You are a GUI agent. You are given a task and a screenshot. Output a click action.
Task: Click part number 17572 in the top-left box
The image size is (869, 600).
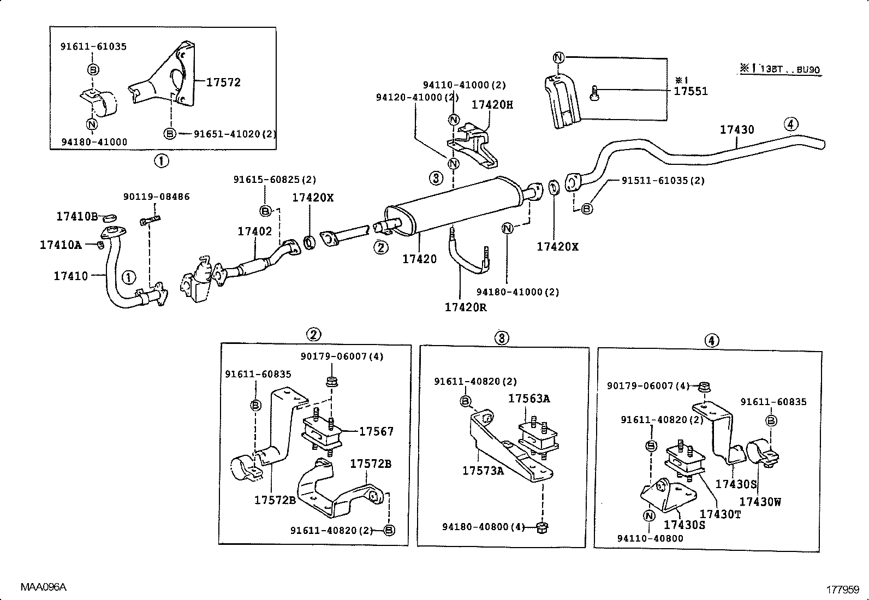tap(223, 82)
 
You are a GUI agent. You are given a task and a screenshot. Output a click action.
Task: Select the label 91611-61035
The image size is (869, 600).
tap(93, 47)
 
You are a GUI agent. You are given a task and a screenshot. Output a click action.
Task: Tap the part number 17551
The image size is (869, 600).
tap(691, 91)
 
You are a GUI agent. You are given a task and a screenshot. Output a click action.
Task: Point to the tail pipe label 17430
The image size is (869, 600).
tap(736, 130)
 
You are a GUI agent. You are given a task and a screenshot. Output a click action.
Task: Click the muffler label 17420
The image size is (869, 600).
tap(419, 259)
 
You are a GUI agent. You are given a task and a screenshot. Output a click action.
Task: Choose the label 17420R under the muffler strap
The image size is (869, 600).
tap(465, 307)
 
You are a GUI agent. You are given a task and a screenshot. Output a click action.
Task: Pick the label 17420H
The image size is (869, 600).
tap(492, 105)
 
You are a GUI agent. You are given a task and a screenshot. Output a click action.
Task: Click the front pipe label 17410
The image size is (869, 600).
tap(70, 276)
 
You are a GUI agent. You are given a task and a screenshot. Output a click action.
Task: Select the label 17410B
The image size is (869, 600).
tap(77, 217)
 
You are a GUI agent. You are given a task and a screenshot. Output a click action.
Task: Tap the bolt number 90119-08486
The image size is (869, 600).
tap(156, 197)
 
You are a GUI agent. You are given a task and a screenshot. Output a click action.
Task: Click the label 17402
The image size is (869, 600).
tap(254, 231)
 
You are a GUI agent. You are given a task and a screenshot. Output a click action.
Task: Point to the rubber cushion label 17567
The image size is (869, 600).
tap(376, 432)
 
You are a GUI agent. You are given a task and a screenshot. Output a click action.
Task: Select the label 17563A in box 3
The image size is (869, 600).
tap(529, 399)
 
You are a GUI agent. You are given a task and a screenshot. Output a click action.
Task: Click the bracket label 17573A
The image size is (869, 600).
tap(483, 471)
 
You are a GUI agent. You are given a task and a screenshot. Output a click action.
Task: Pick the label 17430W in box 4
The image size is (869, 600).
tap(760, 502)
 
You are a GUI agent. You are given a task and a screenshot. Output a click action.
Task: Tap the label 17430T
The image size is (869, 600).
tap(720, 514)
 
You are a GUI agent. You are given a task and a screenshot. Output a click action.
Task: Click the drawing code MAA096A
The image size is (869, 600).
tap(44, 587)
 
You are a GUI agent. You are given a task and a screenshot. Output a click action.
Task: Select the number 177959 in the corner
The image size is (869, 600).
tap(843, 590)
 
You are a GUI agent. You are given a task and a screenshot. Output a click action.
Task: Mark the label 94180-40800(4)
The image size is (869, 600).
tap(483, 527)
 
